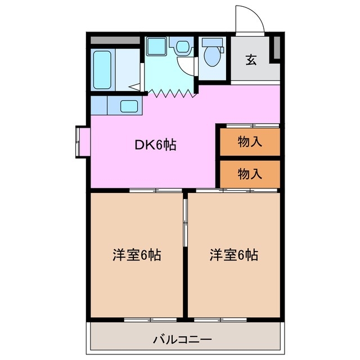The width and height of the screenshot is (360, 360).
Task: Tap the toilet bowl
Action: click(211, 56)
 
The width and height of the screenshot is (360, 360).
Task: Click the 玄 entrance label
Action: click(251, 60)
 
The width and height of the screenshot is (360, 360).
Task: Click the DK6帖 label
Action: click(155, 145)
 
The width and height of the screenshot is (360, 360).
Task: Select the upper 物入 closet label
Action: click(250, 142)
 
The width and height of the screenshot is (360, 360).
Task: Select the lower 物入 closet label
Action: click(250, 174)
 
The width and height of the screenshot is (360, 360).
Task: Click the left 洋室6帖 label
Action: click(137, 255)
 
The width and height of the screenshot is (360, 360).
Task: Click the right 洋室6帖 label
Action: click(234, 255)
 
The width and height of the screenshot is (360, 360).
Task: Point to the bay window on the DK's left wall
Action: click(78, 141)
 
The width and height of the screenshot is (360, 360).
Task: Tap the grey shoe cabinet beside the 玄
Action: click(276, 47)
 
